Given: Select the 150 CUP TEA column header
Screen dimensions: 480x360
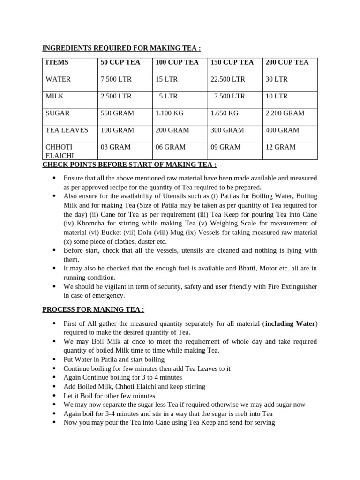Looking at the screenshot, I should (x=232, y=62).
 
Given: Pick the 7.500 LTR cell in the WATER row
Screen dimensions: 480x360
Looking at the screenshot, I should (x=116, y=79).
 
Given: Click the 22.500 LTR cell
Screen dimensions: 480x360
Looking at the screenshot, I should (x=228, y=79).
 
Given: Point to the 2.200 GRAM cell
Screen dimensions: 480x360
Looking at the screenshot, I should (x=285, y=113).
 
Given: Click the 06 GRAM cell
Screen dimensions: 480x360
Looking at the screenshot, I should (x=171, y=147).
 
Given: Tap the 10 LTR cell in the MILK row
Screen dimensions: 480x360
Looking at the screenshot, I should (x=277, y=96).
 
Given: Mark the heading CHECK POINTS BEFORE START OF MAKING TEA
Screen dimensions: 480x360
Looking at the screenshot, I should (x=129, y=165).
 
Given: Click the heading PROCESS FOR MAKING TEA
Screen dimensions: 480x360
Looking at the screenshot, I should (x=93, y=310).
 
